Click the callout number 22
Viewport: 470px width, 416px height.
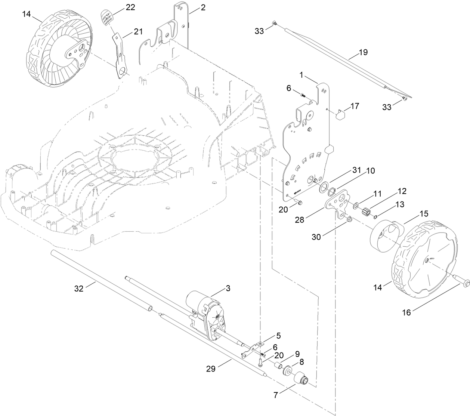pos(130,7)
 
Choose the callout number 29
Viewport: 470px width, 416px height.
pos(211,369)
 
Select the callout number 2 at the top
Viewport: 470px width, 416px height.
pos(202,7)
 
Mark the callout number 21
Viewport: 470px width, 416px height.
pos(138,32)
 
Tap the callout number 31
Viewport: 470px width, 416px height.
pos(355,170)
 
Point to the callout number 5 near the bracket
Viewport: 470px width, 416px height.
pos(278,336)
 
